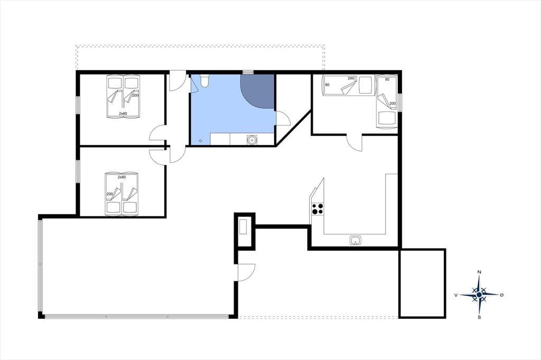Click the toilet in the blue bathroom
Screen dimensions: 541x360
pos(204,80)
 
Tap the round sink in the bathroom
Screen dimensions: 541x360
pos(252,140)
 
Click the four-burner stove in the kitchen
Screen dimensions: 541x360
pos(318,209)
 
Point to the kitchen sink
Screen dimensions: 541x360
pos(356,240)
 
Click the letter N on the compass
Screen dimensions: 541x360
pos(479,272)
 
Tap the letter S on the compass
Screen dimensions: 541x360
pos(479,317)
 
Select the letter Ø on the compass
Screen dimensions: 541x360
pos(502,295)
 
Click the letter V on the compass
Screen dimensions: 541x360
pos(456,295)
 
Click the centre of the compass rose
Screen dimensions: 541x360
pos(479,295)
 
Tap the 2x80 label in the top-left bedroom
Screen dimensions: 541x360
pos(123,113)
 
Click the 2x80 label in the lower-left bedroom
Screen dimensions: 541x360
pos(122,177)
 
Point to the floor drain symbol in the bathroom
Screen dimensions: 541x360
pos(200,141)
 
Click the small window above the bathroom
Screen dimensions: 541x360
pos(248,72)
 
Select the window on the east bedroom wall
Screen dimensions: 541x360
pos(400,102)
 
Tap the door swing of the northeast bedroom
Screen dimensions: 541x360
pos(355,143)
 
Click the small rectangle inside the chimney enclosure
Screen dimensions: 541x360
pos(244,227)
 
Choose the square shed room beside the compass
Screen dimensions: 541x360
pos(422,283)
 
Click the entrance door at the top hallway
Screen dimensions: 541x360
pos(178,81)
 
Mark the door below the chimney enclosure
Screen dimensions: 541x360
pos(246,272)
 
